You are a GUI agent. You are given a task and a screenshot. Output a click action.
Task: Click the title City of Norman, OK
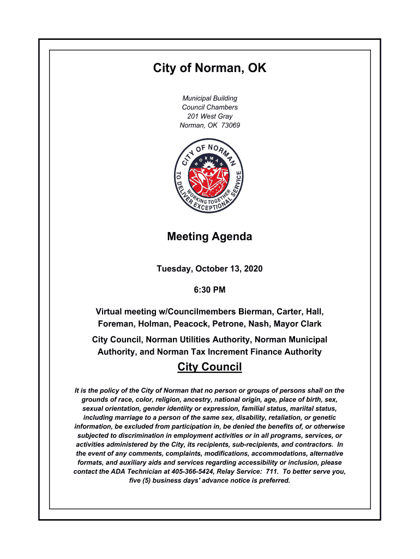tap(209, 68)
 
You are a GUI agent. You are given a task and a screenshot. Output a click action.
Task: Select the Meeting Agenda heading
tap(209, 236)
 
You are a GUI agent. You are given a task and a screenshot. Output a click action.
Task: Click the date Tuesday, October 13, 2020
tap(209, 269)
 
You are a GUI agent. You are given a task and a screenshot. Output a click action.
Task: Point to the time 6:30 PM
tap(209, 289)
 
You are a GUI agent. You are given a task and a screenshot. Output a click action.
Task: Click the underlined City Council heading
tap(209, 367)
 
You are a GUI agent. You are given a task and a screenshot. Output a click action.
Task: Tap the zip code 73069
tap(231, 125)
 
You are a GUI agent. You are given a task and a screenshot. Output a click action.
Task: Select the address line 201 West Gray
tap(209, 116)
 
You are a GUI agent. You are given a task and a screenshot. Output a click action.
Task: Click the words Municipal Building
tap(209, 98)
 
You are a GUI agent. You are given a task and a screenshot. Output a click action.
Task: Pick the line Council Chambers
tap(209, 108)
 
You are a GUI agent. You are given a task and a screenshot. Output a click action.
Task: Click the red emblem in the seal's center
tap(209, 180)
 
